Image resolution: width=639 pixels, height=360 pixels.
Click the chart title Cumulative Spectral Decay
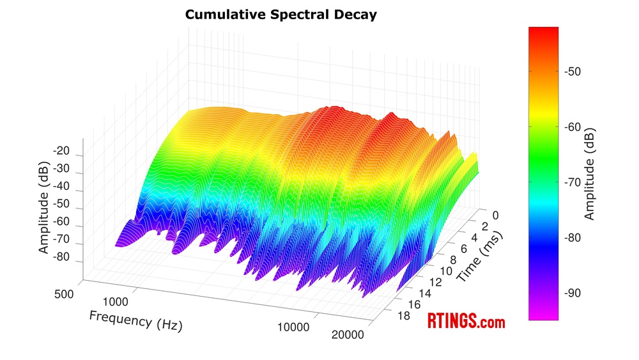tap(281, 14)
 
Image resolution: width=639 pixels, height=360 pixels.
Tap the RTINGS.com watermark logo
tap(466, 322)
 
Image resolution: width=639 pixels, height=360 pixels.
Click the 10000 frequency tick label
tap(293, 328)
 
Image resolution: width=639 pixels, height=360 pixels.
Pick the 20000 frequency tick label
tap(348, 335)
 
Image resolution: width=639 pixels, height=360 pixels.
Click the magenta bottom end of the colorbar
tap(543, 313)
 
